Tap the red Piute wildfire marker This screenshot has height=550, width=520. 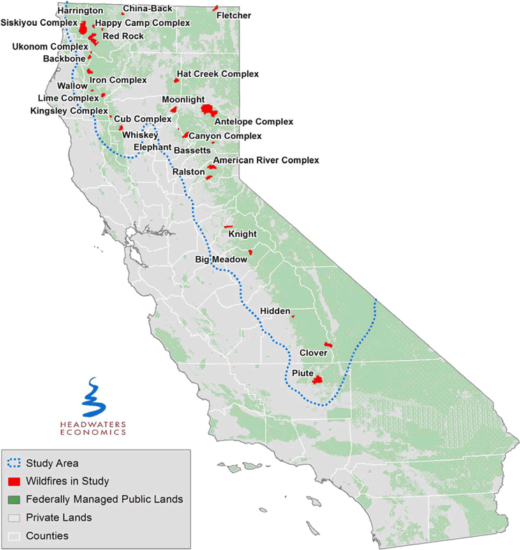[x=318, y=380]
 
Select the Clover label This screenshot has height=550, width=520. [x=313, y=353]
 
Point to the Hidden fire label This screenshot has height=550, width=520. [x=275, y=310]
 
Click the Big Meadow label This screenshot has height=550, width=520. [x=221, y=260]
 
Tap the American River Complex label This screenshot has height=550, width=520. [x=266, y=161]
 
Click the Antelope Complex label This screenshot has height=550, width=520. [x=253, y=122]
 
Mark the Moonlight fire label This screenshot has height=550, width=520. [x=184, y=100]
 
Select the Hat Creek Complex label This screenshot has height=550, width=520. [x=217, y=73]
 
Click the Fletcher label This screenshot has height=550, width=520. [x=234, y=15]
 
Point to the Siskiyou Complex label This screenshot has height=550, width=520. [x=39, y=23]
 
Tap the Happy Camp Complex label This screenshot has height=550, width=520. [x=142, y=23]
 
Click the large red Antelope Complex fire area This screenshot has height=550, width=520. [x=207, y=109]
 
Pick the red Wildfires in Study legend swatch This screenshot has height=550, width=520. [x=13, y=481]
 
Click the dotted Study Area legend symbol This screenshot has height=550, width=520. [x=13, y=462]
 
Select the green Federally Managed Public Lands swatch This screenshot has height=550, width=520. [x=13, y=499]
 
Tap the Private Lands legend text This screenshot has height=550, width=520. [x=59, y=518]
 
